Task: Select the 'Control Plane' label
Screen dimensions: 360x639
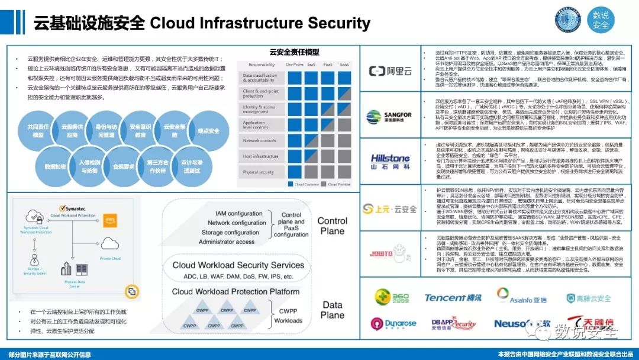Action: (332, 226)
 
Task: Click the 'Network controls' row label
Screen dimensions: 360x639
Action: (259, 141)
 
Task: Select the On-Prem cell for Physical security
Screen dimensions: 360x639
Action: (295, 172)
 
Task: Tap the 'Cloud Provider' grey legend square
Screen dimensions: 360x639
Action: (325, 185)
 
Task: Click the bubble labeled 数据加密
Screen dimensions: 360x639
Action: (55, 166)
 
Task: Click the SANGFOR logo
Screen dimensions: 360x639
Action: (389, 116)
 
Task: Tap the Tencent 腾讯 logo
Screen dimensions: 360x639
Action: (453, 297)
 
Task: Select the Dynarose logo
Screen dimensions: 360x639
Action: (393, 323)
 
